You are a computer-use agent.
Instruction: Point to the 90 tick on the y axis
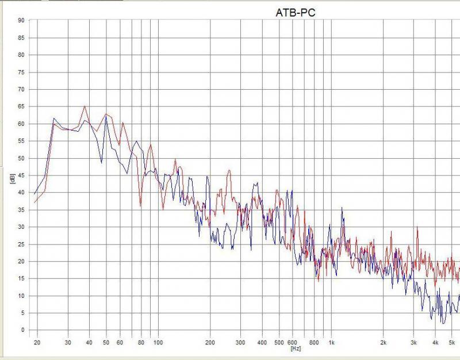point(21,21)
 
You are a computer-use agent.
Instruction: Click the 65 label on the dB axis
point(21,107)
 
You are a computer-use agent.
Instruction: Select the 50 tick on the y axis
point(21,158)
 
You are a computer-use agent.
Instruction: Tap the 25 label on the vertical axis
point(21,244)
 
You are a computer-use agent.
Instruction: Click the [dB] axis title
point(11,179)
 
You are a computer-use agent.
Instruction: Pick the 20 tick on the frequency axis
point(37,342)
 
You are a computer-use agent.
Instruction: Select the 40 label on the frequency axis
point(89,342)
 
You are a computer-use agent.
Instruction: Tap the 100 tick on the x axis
point(158,342)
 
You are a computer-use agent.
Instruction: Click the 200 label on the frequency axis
point(210,342)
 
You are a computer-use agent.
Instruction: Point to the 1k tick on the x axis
point(331,342)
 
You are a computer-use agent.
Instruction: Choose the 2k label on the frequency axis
point(384,342)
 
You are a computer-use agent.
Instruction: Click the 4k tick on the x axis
point(435,342)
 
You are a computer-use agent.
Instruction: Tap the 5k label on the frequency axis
point(452,342)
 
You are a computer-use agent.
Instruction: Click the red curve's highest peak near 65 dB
point(85,106)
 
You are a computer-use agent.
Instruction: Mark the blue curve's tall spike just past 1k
point(342,208)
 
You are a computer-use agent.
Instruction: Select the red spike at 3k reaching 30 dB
point(416,228)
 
